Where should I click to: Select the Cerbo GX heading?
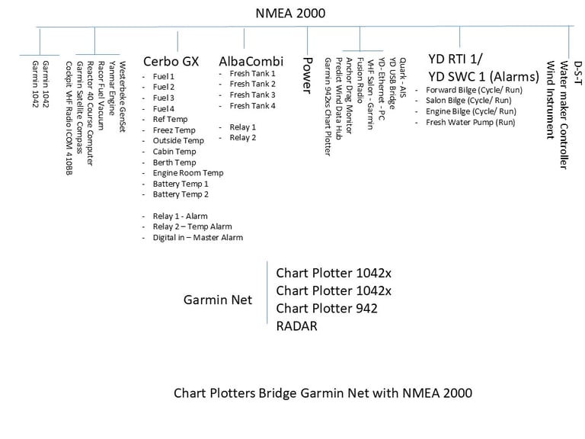(x=171, y=62)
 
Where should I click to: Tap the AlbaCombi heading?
(x=251, y=62)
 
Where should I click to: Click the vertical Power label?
(x=308, y=75)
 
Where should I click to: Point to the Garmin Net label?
(x=218, y=300)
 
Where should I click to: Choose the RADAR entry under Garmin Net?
(x=296, y=326)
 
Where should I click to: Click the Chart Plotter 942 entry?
(x=327, y=308)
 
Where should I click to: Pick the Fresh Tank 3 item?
(x=252, y=95)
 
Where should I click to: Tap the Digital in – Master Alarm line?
(x=197, y=237)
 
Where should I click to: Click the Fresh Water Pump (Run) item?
(x=470, y=122)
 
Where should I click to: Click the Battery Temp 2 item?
(x=180, y=194)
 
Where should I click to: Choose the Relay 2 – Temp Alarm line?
(x=192, y=226)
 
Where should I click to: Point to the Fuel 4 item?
(x=163, y=108)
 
